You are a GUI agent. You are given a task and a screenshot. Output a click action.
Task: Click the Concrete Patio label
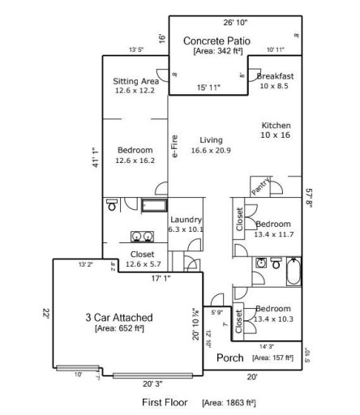tap(216, 40)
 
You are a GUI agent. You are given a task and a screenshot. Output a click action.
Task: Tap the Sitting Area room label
tap(135, 81)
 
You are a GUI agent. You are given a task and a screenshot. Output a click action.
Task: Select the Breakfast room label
tap(275, 76)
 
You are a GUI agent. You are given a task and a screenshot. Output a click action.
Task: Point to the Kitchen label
tap(276, 126)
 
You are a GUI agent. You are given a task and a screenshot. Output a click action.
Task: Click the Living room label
tap(212, 140)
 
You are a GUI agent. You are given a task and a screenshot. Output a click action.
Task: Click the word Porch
tap(230, 357)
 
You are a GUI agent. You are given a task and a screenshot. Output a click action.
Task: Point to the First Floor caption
tap(164, 401)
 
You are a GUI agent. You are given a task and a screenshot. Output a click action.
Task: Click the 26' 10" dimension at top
tap(236, 24)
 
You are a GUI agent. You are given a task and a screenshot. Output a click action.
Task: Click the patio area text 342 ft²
tap(216, 50)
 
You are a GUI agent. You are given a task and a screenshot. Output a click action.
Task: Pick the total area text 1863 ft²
tap(229, 401)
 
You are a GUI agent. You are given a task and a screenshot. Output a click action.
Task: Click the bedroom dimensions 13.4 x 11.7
tap(276, 234)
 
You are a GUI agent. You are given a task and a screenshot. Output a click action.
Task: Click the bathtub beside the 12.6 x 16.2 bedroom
tap(153, 204)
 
